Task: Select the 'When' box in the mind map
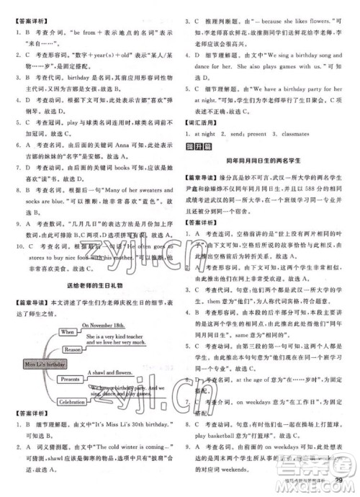[68, 331]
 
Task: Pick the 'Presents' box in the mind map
[71, 377]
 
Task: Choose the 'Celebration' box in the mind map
[72, 401]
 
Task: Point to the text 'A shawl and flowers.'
[110, 372]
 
